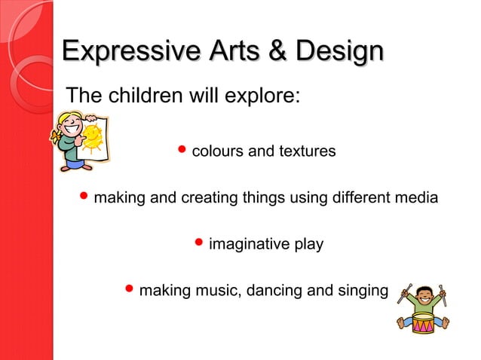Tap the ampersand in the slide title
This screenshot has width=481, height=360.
(276, 52)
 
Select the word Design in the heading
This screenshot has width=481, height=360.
(339, 52)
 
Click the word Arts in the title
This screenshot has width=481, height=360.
(231, 52)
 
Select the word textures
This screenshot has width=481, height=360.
(306, 151)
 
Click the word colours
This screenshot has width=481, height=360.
(217, 151)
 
